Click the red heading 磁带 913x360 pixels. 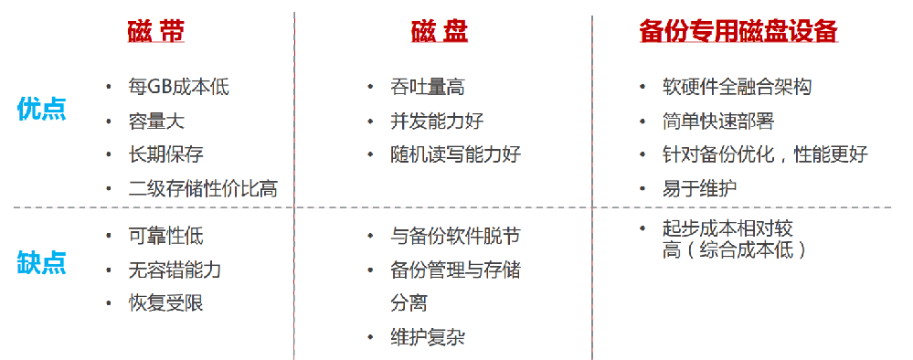click(x=155, y=32)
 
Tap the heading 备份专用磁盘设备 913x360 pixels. click(x=738, y=32)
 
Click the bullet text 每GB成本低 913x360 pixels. click(x=179, y=87)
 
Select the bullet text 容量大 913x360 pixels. click(x=157, y=121)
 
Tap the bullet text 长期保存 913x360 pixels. click(x=166, y=154)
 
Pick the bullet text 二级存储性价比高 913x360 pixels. click(x=203, y=188)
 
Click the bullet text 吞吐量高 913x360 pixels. click(x=427, y=87)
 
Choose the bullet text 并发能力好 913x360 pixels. click(x=437, y=121)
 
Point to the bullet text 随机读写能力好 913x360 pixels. click(x=455, y=154)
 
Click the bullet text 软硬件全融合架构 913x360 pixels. click(x=737, y=87)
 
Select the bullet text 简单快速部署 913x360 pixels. click(x=718, y=121)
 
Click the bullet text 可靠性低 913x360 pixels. click(x=166, y=236)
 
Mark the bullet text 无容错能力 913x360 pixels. click(x=175, y=270)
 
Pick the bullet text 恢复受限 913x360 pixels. click(x=166, y=302)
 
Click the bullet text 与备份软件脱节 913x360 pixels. click(x=455, y=236)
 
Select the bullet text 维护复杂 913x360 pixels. click(x=427, y=336)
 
